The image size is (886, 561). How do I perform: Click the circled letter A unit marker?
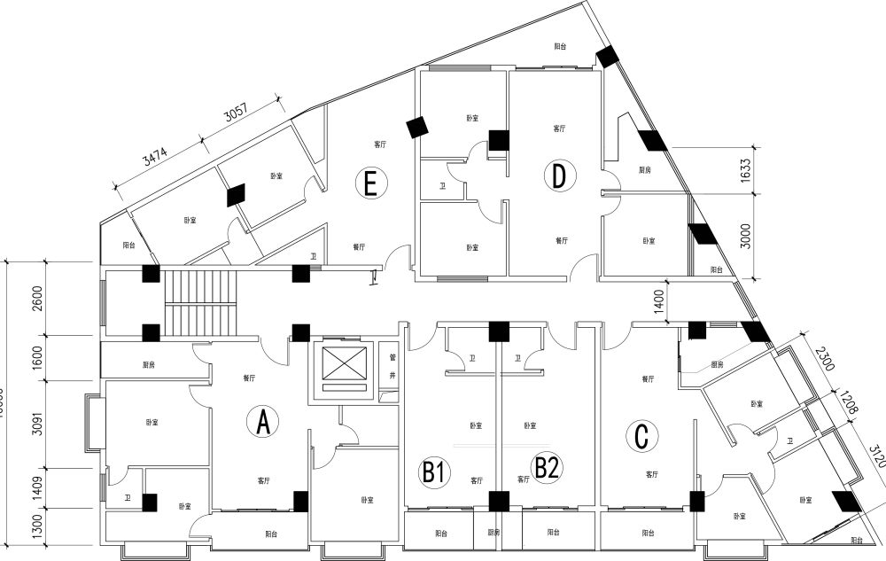tap(262, 423)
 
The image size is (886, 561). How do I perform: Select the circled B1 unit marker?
tap(433, 471)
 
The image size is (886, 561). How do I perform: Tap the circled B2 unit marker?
tap(546, 466)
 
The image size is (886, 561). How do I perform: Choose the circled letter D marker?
tap(558, 176)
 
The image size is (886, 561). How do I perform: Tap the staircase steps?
tap(202, 302)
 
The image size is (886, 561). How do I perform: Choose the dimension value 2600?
tap(36, 298)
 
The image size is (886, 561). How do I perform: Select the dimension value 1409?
tap(36, 487)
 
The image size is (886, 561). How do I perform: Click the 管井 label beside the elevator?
tap(391, 367)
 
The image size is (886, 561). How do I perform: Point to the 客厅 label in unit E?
tap(380, 144)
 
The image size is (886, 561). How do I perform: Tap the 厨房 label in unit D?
tap(645, 169)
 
